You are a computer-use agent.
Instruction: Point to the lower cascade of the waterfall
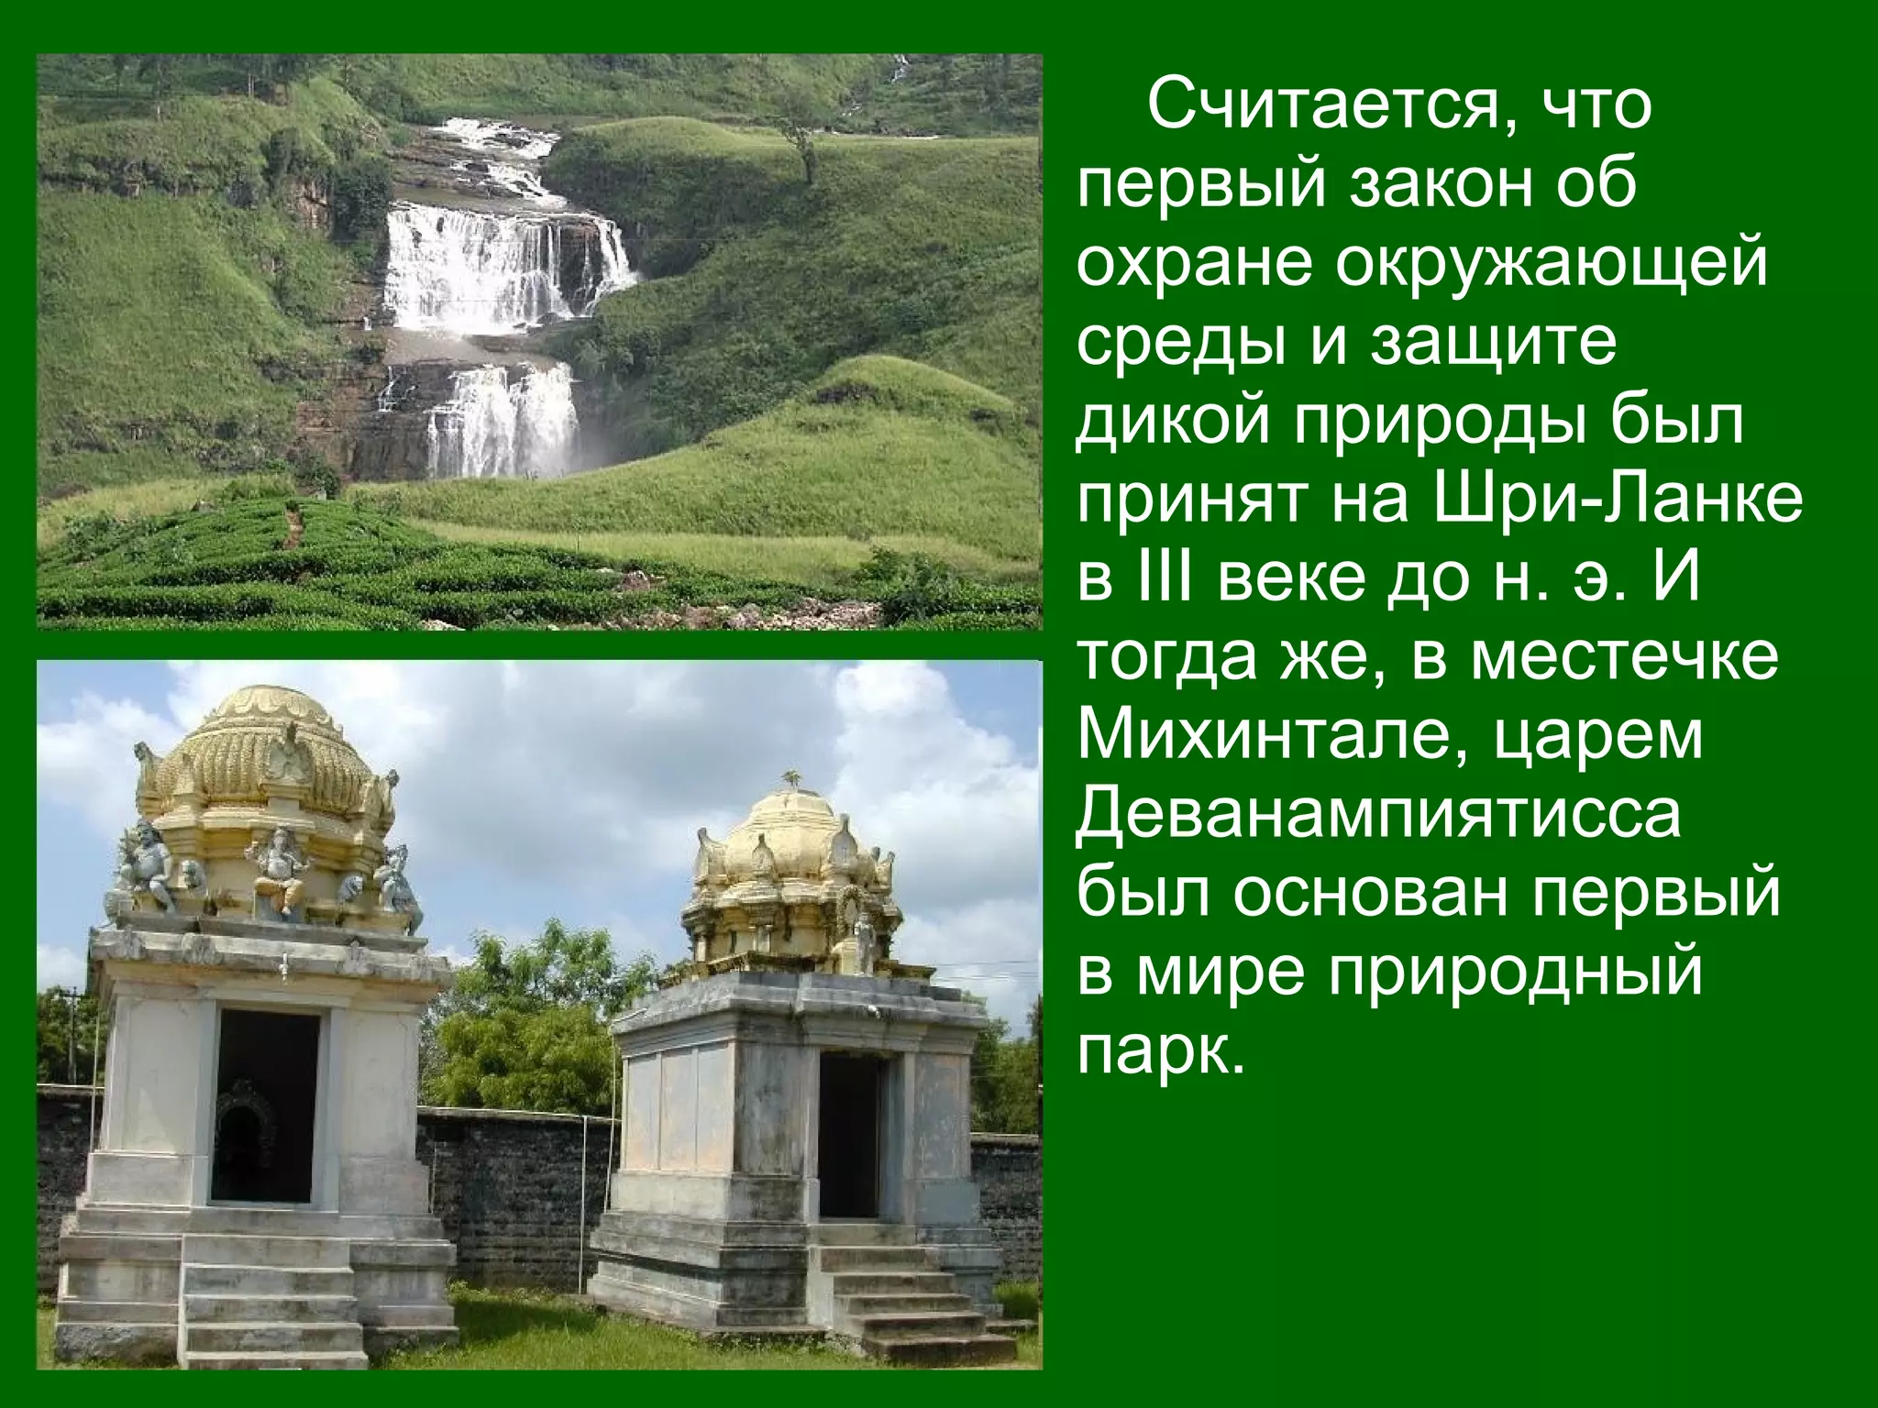click(x=500, y=422)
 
